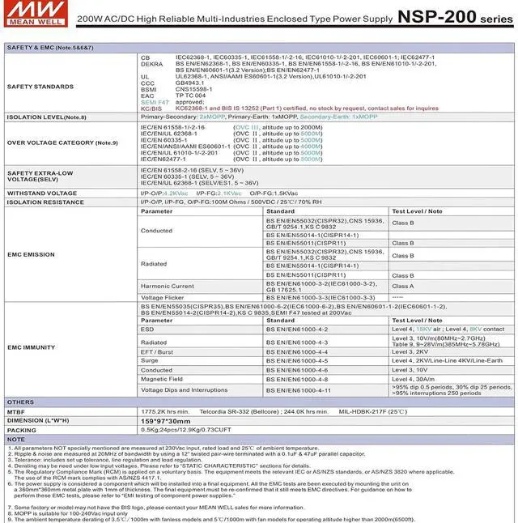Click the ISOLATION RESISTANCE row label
pyautogui.click(x=46, y=202)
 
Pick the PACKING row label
pyautogui.click(x=20, y=430)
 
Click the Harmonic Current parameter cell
pyautogui.click(x=167, y=286)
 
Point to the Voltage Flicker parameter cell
pyautogui.click(x=163, y=297)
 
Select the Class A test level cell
pyautogui.click(x=402, y=286)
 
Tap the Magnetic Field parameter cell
pyautogui.click(x=161, y=379)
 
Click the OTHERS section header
pyautogui.click(x=20, y=402)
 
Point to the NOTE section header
pyautogui.click(x=17, y=439)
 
